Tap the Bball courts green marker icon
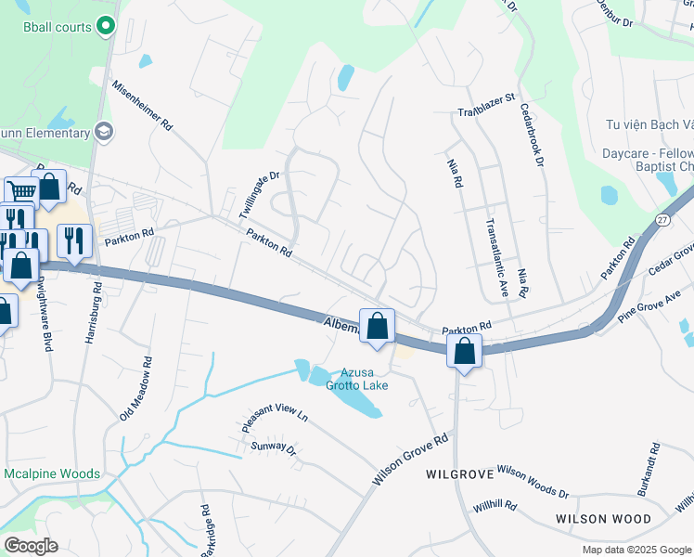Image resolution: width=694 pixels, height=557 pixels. click(x=106, y=27)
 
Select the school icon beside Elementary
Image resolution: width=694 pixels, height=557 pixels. click(x=103, y=132)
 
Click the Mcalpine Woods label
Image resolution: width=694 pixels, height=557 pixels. click(x=51, y=473)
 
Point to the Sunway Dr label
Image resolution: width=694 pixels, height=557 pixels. click(x=273, y=449)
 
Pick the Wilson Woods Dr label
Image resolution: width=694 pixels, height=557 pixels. click(x=533, y=480)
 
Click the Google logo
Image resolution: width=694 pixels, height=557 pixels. click(x=31, y=546)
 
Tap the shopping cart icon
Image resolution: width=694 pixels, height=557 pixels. click(x=20, y=191)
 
